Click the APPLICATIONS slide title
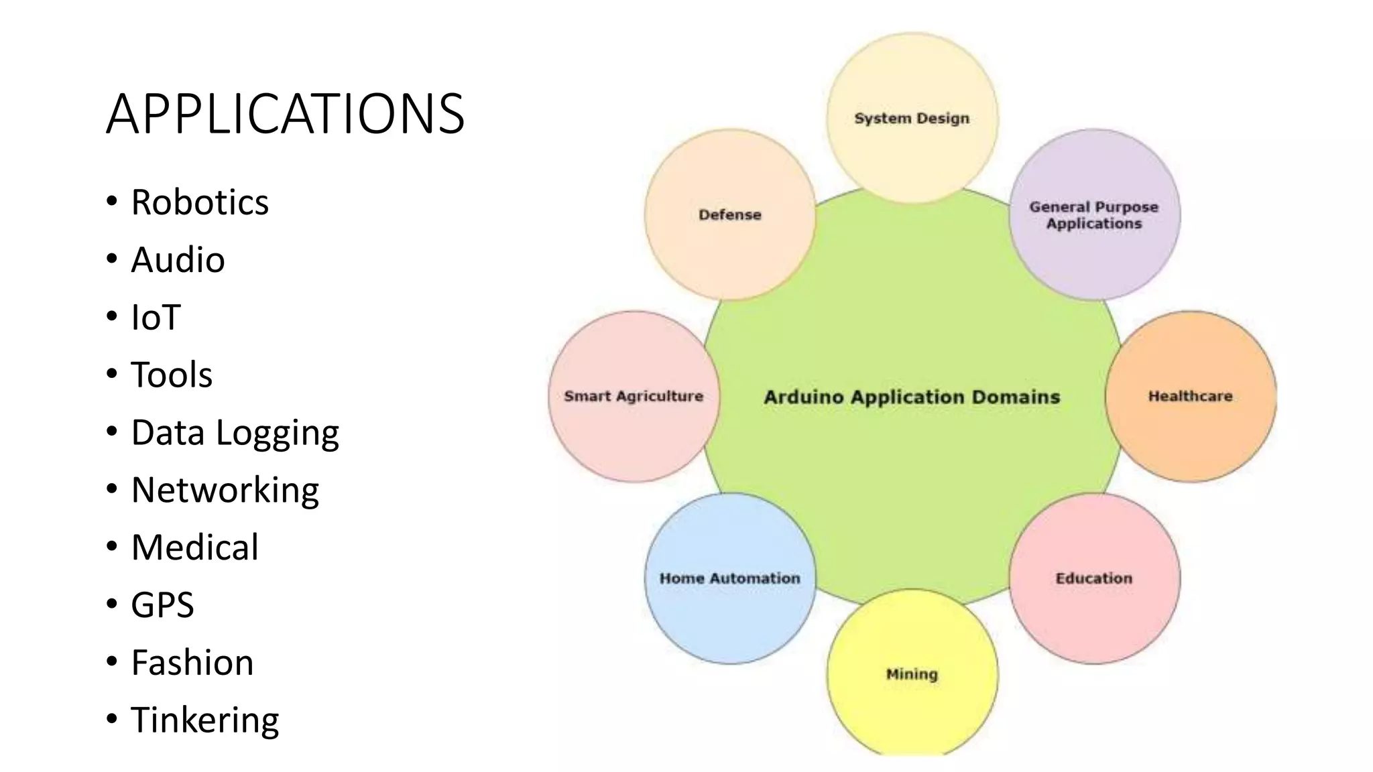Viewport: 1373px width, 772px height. click(285, 114)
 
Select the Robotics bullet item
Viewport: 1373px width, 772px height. click(200, 202)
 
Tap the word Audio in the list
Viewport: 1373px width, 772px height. click(178, 260)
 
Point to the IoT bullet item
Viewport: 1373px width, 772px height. click(156, 318)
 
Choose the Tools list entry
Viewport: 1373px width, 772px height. click(172, 375)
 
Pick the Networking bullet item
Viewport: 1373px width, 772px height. click(225, 490)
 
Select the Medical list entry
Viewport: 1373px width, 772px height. click(194, 548)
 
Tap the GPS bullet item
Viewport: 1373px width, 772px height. click(162, 605)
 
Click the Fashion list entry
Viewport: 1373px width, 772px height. click(192, 663)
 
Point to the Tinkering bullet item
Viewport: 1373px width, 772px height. click(204, 720)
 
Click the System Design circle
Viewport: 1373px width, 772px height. click(912, 118)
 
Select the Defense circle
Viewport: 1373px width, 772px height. click(730, 214)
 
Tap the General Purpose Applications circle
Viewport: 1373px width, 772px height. click(1094, 214)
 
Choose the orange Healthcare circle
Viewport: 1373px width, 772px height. click(1191, 396)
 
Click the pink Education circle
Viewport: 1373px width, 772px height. click(1094, 578)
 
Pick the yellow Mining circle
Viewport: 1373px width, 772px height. click(912, 674)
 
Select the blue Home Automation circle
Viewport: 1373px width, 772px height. click(730, 578)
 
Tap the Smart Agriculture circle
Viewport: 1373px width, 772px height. click(634, 396)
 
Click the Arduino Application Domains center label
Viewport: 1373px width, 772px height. click(912, 397)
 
